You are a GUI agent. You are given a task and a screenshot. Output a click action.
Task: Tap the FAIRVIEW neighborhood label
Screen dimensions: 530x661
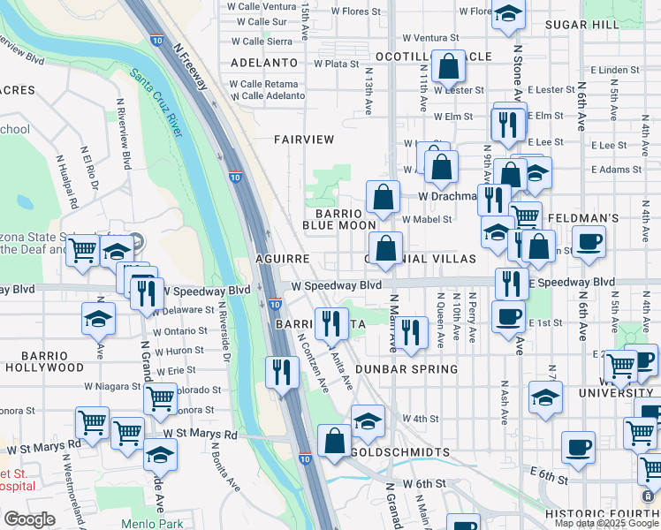tap(304, 140)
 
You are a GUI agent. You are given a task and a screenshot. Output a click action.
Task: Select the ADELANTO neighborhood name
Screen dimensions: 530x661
tap(263, 63)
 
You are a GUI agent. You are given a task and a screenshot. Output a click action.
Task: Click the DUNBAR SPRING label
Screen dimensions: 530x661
tap(406, 369)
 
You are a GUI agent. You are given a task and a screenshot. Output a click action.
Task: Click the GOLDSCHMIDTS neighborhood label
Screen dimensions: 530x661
tap(400, 452)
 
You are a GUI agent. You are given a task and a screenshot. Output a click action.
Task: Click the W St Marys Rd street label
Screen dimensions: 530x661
tap(201, 435)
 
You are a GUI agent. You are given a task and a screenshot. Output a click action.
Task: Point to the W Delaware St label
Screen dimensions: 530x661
tap(183, 311)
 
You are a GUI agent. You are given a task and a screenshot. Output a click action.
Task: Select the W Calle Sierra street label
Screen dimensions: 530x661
tap(262, 42)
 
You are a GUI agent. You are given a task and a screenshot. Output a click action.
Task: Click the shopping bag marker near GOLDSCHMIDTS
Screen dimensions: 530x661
tap(334, 441)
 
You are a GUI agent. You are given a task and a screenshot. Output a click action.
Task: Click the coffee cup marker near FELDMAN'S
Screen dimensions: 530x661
tap(589, 241)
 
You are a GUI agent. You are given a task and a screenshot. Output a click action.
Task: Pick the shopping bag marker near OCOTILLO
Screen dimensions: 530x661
tap(449, 66)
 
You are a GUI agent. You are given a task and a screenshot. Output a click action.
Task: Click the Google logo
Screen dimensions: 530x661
tap(29, 519)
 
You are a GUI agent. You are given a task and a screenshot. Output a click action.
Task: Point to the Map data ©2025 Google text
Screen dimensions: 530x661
tap(606, 523)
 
